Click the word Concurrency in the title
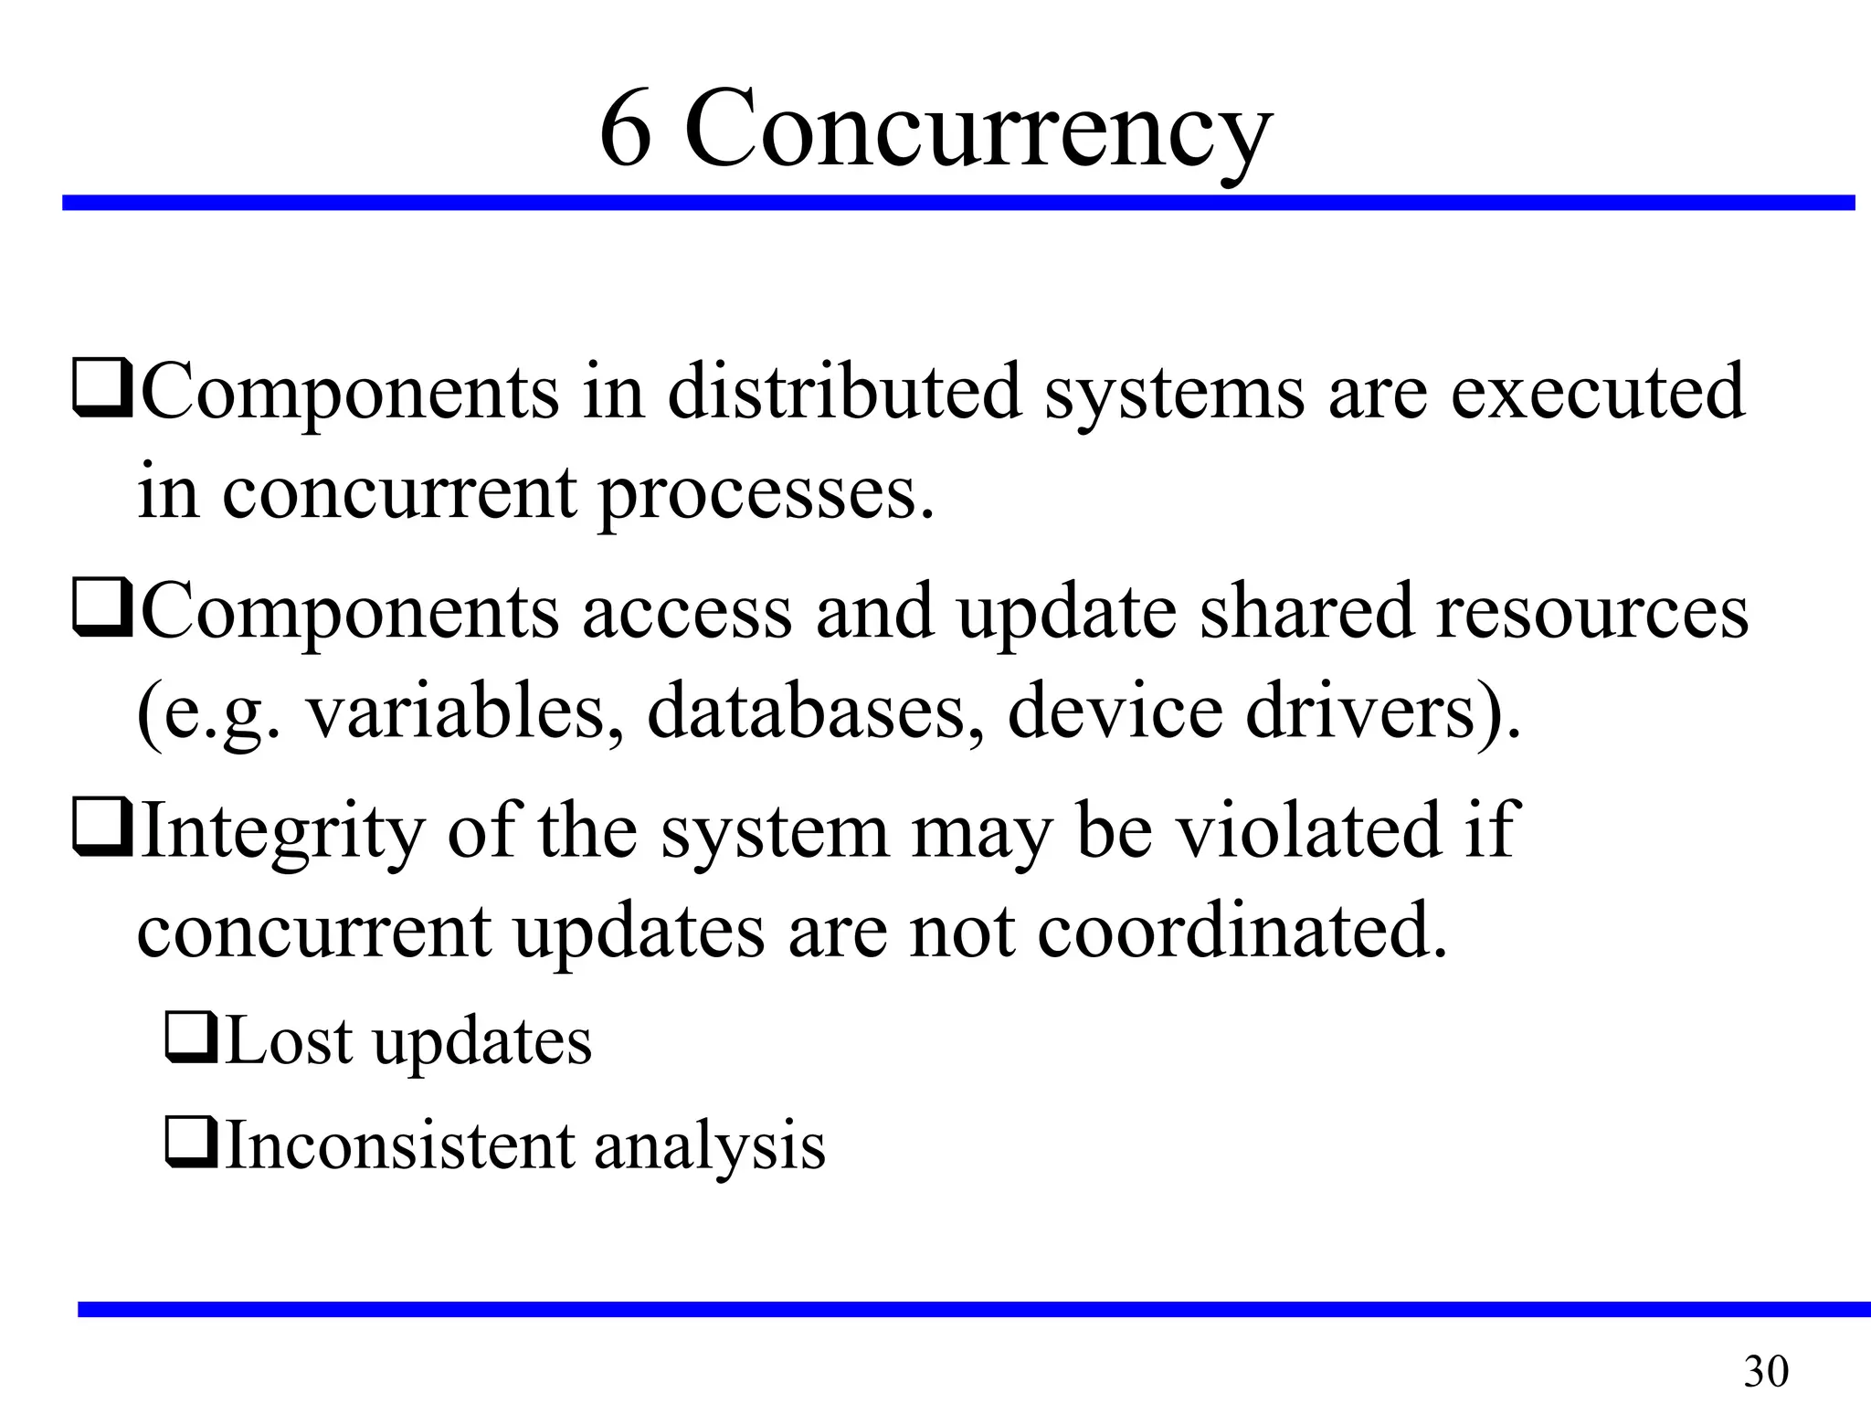(978, 130)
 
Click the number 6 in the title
(626, 130)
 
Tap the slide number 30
(1765, 1371)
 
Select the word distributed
(844, 392)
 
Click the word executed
(1598, 392)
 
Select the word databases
(816, 712)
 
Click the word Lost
(288, 1041)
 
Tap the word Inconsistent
(399, 1145)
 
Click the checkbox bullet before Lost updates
(190, 1039)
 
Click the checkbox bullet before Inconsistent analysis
(190, 1144)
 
